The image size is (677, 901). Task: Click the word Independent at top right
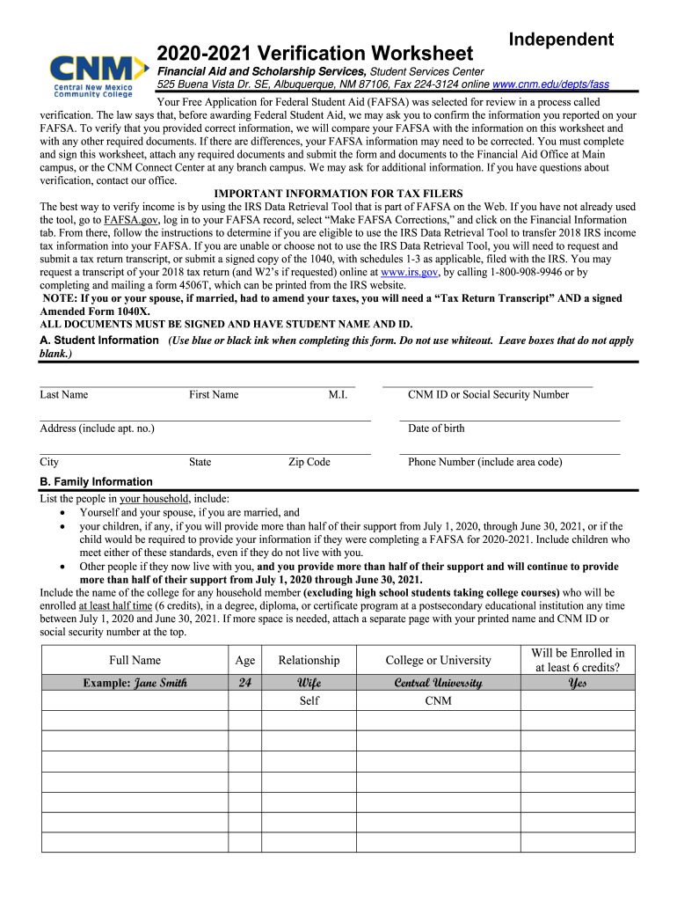562,40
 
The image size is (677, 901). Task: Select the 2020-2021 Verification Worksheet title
315,54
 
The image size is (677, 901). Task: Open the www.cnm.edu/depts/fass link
550,84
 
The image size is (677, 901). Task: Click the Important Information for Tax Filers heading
338,194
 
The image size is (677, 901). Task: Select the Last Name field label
63,395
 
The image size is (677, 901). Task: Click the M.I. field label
338,395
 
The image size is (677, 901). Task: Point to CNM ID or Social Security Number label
488,395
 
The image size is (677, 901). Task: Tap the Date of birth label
436,429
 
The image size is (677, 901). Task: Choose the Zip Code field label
309,462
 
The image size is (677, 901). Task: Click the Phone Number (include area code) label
484,462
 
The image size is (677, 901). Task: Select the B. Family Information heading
96,481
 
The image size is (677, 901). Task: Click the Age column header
244,660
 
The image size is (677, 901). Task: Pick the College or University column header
438,660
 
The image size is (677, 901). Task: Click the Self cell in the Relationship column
309,701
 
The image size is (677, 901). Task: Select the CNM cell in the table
438,701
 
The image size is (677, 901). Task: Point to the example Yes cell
577,683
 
